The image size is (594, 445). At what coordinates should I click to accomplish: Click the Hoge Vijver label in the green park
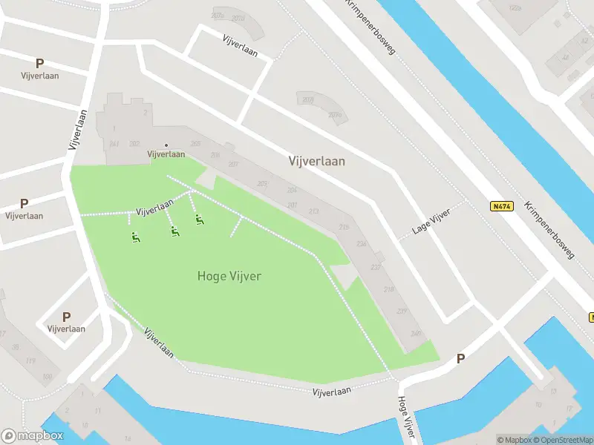[x=229, y=276]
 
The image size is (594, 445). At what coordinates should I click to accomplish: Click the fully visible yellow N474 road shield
[x=501, y=206]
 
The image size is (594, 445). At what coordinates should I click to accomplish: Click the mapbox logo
[x=33, y=436]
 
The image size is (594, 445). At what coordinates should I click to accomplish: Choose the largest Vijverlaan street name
[x=316, y=161]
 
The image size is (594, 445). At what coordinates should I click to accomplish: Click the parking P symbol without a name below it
[x=460, y=359]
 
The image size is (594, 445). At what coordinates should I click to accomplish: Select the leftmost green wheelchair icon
[x=135, y=238]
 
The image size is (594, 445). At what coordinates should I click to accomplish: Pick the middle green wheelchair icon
[x=174, y=231]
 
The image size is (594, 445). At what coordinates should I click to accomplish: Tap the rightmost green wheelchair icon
[x=199, y=220]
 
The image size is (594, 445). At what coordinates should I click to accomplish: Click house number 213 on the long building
[x=313, y=211]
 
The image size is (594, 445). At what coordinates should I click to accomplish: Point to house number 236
[x=362, y=244]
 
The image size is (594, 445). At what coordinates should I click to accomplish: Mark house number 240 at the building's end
[x=415, y=334]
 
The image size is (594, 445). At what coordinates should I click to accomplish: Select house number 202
[x=134, y=144]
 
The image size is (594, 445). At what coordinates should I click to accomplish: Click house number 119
[x=30, y=361]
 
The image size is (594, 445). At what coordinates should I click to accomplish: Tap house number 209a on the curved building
[x=335, y=115]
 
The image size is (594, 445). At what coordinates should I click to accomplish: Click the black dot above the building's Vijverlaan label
[x=166, y=145]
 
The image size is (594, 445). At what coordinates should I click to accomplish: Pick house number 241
[x=114, y=144]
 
